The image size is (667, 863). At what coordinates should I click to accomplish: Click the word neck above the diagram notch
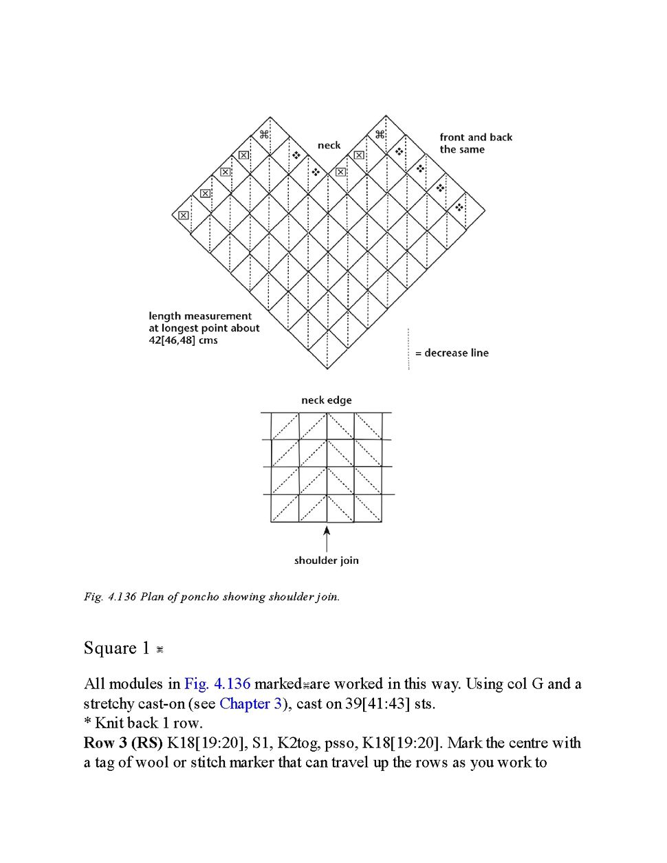(329, 145)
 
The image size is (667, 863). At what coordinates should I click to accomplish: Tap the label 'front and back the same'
(476, 143)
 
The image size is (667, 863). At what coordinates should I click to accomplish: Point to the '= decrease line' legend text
(452, 353)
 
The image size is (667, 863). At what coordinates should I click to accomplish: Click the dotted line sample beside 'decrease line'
(408, 349)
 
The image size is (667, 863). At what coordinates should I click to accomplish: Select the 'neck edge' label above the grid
(326, 400)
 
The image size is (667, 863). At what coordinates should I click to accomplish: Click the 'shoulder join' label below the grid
(326, 560)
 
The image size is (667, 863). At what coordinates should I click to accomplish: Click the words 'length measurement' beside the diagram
(200, 316)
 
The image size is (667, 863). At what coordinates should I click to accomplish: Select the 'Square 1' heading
(116, 648)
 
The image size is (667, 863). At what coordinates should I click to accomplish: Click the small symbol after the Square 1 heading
(160, 650)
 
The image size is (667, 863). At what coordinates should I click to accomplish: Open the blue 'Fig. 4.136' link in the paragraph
(217, 684)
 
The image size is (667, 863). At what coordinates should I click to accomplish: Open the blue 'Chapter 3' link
(250, 703)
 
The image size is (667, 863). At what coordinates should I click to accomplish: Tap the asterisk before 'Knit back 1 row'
(88, 723)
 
